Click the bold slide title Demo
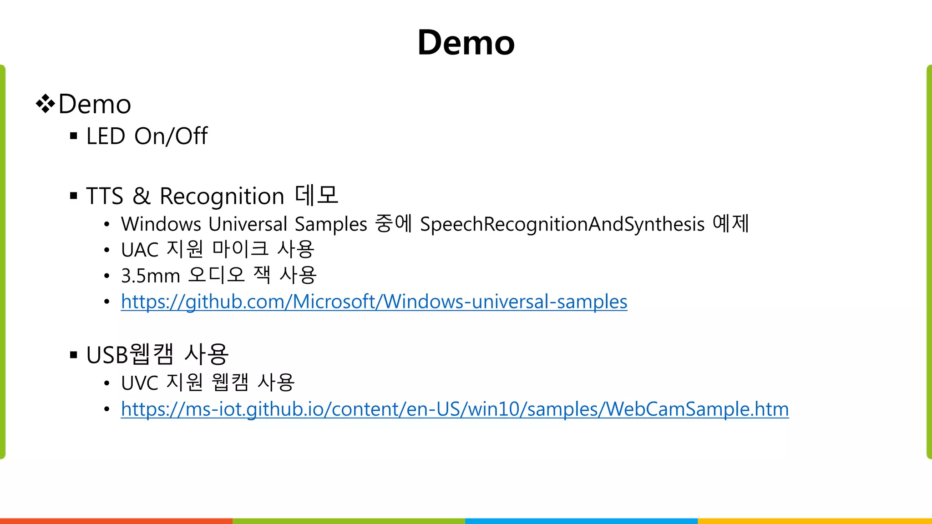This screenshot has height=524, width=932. point(466,43)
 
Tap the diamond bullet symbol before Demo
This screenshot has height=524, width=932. point(46,104)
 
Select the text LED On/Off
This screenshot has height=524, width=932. point(147,136)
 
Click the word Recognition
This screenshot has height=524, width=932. point(222,196)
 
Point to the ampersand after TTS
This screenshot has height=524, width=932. point(141,196)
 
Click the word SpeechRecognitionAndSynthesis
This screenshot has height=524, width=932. point(562,224)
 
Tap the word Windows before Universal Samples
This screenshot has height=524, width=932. point(161,224)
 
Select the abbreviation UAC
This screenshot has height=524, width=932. point(140,250)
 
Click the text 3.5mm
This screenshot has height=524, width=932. point(151,276)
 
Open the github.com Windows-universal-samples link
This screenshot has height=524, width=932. point(374,302)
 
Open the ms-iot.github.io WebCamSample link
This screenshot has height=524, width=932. point(455,409)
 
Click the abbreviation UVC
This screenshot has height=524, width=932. point(140,383)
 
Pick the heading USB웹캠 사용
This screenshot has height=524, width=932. point(157,355)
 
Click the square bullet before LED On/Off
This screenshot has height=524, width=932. point(74,136)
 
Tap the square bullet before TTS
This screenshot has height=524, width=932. point(74,196)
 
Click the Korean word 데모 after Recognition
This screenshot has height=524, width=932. point(316,195)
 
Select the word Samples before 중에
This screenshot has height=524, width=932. point(331,224)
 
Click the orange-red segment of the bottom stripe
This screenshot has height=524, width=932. point(116,521)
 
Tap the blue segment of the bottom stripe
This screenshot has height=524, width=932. point(581,521)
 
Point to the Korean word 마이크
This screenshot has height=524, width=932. point(240,249)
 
